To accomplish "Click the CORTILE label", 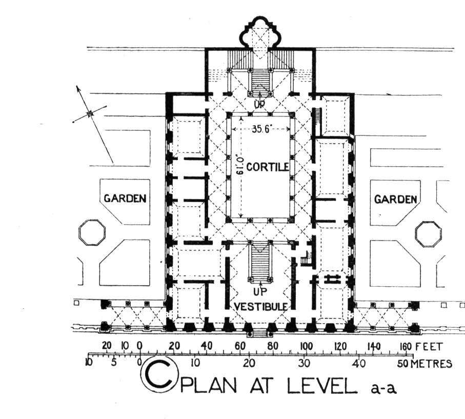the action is click(x=268, y=167).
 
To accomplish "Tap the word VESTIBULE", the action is click(x=260, y=306).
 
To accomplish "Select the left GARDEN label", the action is click(x=125, y=198).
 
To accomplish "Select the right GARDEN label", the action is click(x=396, y=199).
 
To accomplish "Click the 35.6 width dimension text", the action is click(x=261, y=129).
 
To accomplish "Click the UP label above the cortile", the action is click(x=260, y=104).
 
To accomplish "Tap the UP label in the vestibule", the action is click(x=260, y=292).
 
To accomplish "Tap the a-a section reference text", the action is click(x=384, y=388).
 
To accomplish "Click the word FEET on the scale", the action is click(x=429, y=347).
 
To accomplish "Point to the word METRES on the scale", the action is click(x=432, y=364).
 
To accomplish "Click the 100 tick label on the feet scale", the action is click(x=307, y=346).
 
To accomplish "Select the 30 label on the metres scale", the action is click(x=304, y=363).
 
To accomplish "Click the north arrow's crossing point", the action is click(x=90, y=113).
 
